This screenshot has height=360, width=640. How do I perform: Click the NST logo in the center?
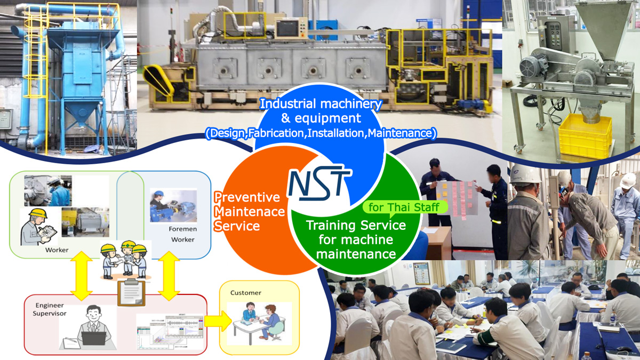(x=320, y=183)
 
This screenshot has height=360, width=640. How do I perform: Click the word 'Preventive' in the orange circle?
(x=247, y=197)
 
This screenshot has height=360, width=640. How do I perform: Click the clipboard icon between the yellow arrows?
(x=131, y=292)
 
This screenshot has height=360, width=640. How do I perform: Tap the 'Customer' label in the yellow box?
(x=246, y=293)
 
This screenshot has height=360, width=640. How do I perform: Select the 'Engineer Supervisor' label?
(x=50, y=309)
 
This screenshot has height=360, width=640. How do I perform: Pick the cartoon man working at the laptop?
(x=93, y=327)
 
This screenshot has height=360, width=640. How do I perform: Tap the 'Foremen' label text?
(x=182, y=229)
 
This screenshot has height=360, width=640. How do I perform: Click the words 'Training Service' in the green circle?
(x=356, y=226)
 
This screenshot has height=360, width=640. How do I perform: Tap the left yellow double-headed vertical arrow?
(x=82, y=276)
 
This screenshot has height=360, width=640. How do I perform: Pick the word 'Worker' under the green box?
(x=57, y=250)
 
